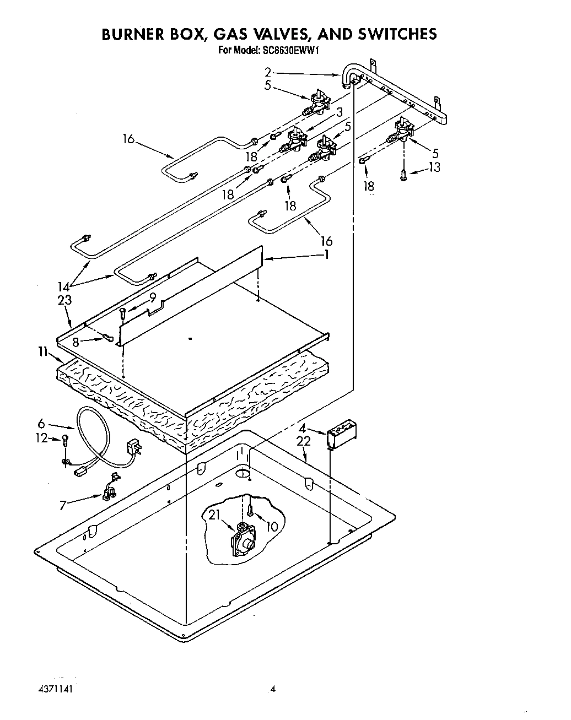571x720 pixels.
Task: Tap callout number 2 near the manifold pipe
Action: [x=268, y=72]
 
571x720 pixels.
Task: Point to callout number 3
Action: [x=340, y=112]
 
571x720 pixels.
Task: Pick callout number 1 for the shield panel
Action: [x=326, y=255]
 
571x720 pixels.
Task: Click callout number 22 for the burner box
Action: [x=304, y=441]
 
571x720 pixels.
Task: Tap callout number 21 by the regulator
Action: [x=215, y=515]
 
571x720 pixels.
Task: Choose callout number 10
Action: [x=272, y=526]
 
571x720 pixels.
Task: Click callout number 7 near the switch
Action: [x=63, y=504]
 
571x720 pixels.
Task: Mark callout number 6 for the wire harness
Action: [x=41, y=424]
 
